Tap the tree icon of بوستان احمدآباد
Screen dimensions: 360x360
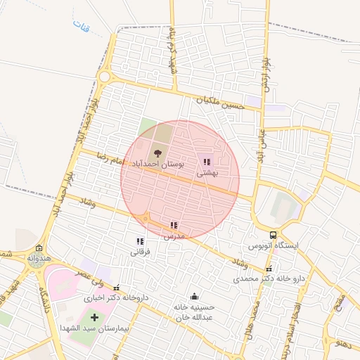[157, 153]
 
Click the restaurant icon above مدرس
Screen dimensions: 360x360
[174, 226]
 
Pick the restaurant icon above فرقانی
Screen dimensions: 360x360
[139, 241]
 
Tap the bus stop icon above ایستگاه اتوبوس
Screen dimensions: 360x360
[273, 236]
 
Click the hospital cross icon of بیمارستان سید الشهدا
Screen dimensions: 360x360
[94, 318]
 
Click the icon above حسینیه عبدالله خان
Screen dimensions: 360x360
[194, 297]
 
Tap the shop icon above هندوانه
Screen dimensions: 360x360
[38, 248]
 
